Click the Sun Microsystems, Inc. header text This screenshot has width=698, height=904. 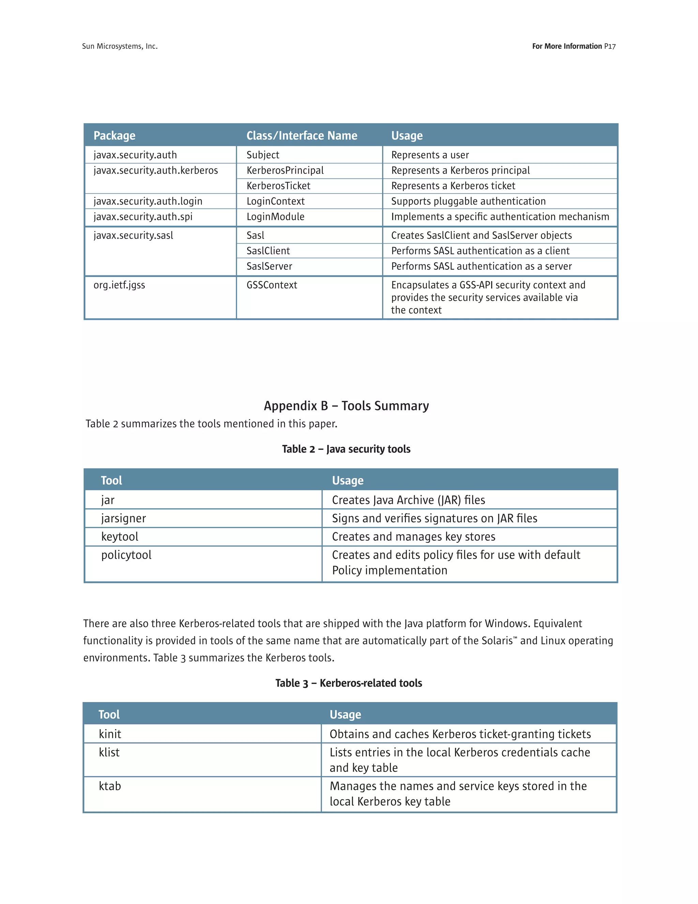pos(120,46)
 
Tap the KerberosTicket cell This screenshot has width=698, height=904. pos(278,186)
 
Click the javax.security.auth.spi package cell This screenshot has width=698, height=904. pos(143,217)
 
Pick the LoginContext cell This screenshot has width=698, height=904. pos(275,201)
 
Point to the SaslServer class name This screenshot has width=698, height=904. pos(269,266)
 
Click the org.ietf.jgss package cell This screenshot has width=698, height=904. pos(119,285)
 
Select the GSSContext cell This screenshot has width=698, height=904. pos(272,285)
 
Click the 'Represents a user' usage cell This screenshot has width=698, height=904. pos(430,155)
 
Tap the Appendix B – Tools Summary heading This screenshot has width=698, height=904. pos(346,406)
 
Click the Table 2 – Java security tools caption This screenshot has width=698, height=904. pos(346,449)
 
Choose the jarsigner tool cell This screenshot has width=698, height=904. pos(123,518)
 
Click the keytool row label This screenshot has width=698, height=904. pos(120,537)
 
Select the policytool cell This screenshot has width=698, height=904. pos(126,555)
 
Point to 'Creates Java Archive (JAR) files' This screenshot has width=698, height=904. pos(408,500)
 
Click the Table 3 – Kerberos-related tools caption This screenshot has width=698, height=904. pos(349,683)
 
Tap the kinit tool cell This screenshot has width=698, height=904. pos(110,734)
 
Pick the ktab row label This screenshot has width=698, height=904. pos(110,786)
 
